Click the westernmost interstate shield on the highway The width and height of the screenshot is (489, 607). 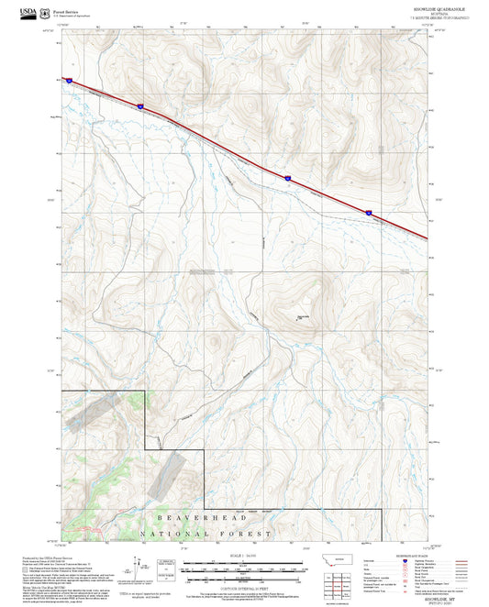pyautogui.click(x=67, y=80)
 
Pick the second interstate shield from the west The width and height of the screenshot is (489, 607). pyautogui.click(x=140, y=106)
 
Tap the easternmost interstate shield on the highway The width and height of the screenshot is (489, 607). pyautogui.click(x=370, y=213)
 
